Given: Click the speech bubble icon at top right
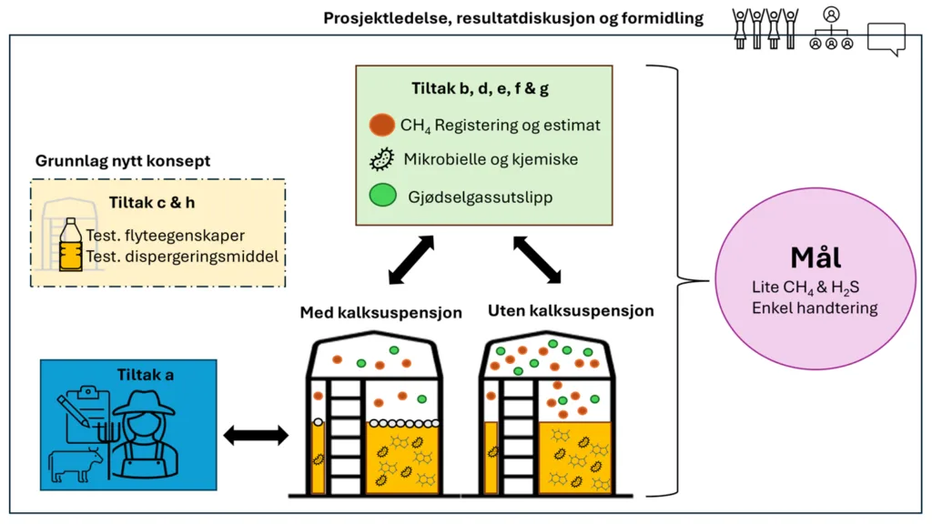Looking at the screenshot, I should point(886,37).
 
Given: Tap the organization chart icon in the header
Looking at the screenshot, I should point(830,29).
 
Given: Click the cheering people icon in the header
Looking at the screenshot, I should point(765,28).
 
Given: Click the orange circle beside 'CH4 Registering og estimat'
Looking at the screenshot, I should point(381,124).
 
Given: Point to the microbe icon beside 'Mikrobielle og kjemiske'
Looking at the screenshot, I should point(381,159).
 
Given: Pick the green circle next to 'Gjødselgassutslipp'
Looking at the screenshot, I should point(381,196).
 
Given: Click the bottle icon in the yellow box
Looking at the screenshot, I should point(70,244).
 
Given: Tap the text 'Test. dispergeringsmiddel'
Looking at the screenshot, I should point(181,257).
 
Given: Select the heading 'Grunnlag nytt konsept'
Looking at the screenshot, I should point(123,161).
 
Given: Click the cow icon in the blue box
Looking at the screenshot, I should point(77,465).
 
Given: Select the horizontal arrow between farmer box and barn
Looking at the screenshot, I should point(255,436).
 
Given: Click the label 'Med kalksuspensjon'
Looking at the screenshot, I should point(381,313).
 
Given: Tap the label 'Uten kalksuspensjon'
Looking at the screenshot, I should point(571,311).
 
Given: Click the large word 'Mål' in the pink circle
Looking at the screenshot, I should point(815,257).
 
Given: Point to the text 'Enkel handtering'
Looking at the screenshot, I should point(815,308).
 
